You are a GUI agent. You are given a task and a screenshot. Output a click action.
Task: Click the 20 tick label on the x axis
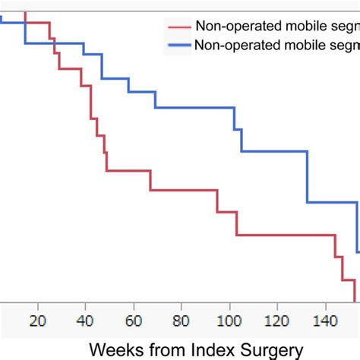coord(36,320)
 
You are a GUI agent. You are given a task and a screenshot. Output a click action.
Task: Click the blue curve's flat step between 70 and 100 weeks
coord(194,108)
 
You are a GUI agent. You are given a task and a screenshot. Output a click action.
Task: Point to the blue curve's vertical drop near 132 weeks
coord(308,177)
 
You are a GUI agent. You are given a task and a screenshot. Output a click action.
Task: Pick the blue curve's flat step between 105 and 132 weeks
coord(274,152)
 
